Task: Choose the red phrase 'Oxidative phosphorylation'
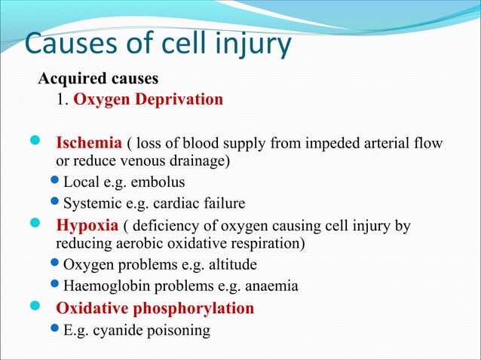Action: [155, 308]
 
